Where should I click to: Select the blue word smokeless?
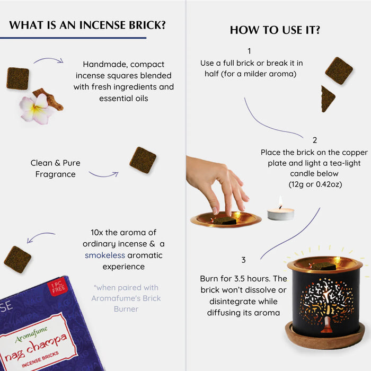105,255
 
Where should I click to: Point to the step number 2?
315,140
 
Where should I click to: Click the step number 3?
243,260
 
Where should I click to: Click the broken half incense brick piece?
328,99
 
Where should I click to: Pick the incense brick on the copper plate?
224,221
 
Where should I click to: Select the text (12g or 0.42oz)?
315,184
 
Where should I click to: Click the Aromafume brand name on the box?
31,334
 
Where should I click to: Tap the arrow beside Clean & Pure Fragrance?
103,174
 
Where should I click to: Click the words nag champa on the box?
36,348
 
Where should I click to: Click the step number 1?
249,51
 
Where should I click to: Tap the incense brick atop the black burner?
324,267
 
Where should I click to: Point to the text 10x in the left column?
97,232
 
